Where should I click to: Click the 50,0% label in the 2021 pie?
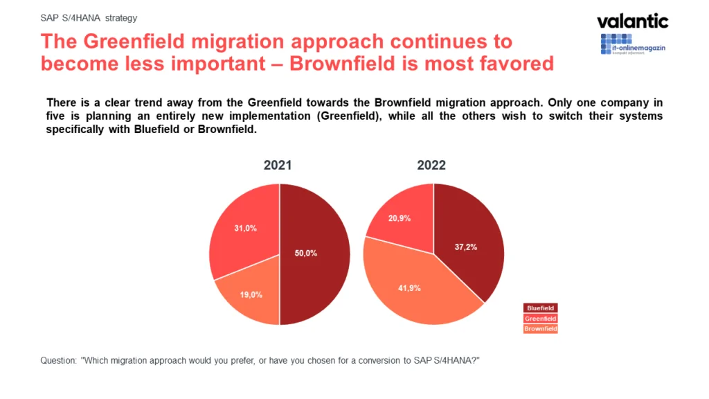pos(305,254)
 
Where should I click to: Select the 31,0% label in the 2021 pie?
pos(246,228)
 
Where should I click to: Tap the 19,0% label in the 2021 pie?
pos(251,294)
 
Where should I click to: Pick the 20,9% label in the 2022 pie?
pos(400,218)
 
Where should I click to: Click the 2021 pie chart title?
pos(278,166)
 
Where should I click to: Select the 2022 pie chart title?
pos(432,166)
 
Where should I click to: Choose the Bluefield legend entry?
pos(541,308)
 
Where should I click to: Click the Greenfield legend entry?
pos(541,319)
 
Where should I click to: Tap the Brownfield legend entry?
pos(541,329)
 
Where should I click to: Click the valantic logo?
pos(632,21)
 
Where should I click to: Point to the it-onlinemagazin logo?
pos(632,44)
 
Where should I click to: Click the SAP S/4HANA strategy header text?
pos(89,19)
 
